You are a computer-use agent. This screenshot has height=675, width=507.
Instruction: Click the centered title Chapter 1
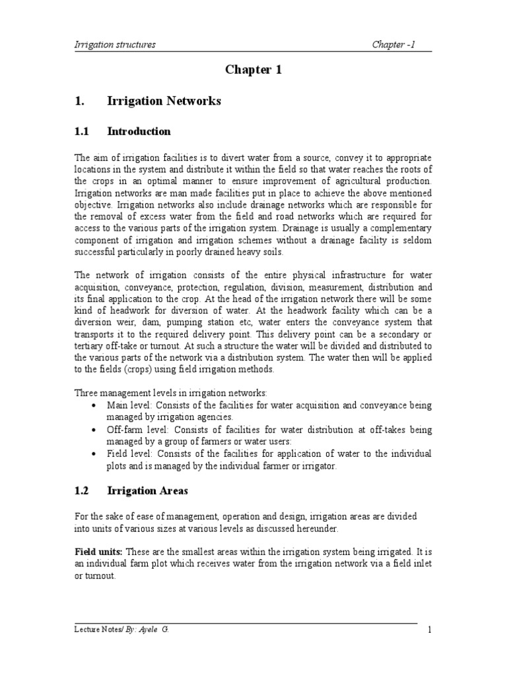click(x=253, y=71)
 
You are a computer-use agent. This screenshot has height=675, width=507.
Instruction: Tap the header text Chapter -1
click(x=393, y=45)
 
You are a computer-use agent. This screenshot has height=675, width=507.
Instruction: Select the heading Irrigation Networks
click(x=164, y=102)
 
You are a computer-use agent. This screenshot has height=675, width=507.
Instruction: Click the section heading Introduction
click(x=139, y=131)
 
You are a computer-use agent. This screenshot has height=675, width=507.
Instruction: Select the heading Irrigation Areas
click(x=147, y=490)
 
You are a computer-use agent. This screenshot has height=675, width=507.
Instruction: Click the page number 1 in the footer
click(x=430, y=630)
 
